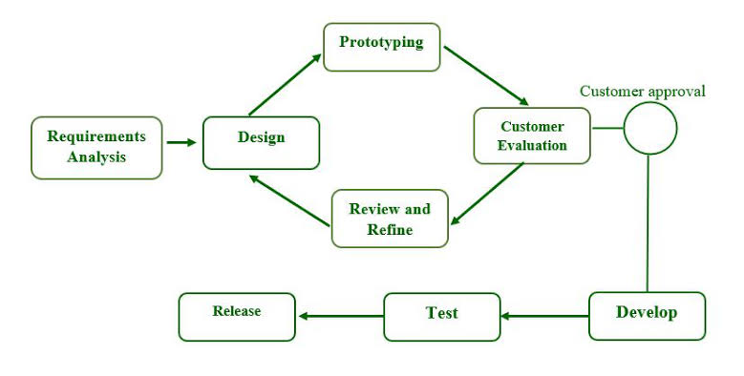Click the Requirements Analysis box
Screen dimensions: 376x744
click(x=96, y=147)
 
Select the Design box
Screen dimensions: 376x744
click(x=261, y=142)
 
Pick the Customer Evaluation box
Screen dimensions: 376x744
click(x=531, y=136)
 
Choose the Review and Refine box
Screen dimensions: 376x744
click(x=389, y=219)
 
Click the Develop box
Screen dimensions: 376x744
click(x=647, y=315)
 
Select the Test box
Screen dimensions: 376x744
click(x=441, y=316)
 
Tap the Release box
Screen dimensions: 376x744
click(x=237, y=316)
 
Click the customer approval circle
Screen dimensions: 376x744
click(x=649, y=128)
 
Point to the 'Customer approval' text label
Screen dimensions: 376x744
click(x=643, y=92)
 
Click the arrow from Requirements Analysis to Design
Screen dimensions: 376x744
click(x=181, y=143)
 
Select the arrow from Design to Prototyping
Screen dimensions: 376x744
click(x=285, y=85)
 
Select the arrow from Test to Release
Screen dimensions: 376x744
click(x=340, y=316)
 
